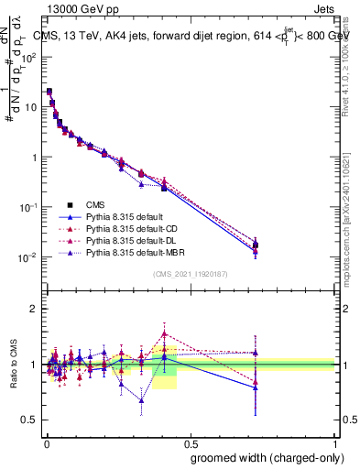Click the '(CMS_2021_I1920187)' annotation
point(190,273)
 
